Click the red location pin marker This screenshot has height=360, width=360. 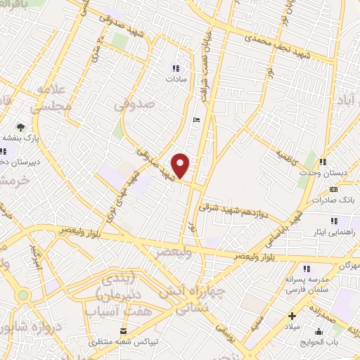[x=181, y=165]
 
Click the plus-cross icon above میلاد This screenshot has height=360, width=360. [x=292, y=316]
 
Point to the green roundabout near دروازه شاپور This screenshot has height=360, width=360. [x=22, y=295]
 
